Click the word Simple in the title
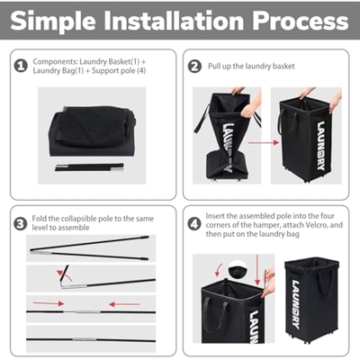[53, 21]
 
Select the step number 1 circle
[21, 66]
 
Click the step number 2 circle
[194, 67]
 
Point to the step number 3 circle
[21, 224]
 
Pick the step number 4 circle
[194, 224]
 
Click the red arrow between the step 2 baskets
[264, 142]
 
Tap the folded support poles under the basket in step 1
[89, 167]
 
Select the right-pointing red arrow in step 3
[49, 303]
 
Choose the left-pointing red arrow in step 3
[124, 304]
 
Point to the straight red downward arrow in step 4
[257, 270]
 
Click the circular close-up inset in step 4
[238, 269]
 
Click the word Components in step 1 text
[55, 62]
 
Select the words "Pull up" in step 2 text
[220, 67]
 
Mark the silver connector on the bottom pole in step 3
[85, 339]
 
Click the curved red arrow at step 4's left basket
[219, 269]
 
